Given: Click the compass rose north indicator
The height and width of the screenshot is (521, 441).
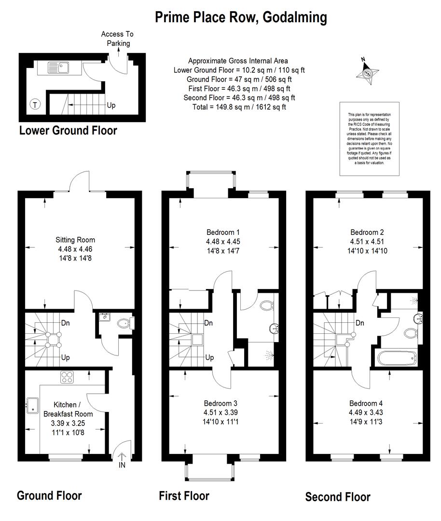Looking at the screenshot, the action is pos(367,72).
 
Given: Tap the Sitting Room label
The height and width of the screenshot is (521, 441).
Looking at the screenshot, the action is pos(75,240).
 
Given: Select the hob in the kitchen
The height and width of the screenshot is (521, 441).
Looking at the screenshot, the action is pos(67,377).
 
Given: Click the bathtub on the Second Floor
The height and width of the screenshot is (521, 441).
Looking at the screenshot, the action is pos(397,358).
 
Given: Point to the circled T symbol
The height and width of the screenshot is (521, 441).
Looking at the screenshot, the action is pos(35,105).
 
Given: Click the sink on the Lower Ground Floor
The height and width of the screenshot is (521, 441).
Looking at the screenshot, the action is pos(58,68).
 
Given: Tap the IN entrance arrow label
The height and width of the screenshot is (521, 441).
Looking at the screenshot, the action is pos(122,465).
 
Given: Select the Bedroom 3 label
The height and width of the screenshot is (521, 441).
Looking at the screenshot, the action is pos(220,403).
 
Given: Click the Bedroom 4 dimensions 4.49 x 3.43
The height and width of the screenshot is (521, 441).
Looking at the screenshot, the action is pos(366,412).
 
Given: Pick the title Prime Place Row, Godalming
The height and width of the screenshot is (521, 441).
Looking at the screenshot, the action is pos(241,17).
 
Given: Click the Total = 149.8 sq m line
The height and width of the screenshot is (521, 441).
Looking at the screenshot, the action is pos(239,107).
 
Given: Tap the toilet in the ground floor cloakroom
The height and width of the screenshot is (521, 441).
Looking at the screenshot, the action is pos(125,323).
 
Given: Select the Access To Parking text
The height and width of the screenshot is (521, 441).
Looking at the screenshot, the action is pos(118,39).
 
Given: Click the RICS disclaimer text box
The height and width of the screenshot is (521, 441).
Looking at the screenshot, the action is pos(370,138).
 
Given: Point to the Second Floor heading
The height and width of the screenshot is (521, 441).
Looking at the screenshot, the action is pos(338,497).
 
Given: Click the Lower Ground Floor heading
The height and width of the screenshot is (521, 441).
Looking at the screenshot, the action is pos(68,130).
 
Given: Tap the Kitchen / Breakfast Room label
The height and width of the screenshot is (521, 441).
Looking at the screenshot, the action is pos(68,410).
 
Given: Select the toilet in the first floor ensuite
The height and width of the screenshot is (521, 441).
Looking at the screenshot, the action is pos(267,305).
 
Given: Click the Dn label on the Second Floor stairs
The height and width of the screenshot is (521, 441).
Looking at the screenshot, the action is pos(360,323).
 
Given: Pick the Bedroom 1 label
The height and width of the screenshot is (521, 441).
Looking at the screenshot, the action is pos(223,232).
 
